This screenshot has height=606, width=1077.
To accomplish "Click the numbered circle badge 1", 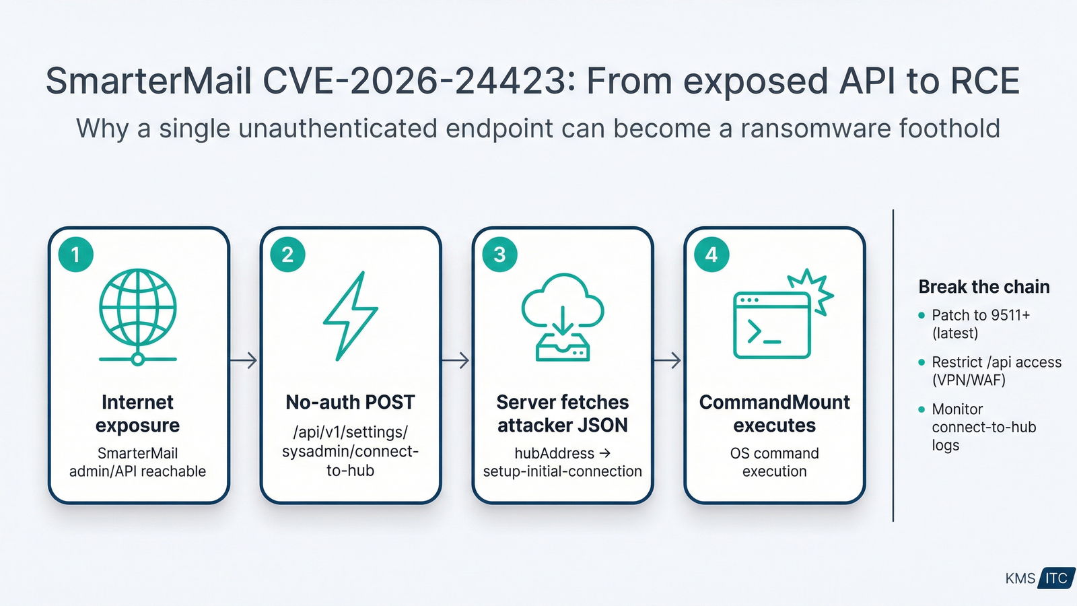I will tap(75, 255).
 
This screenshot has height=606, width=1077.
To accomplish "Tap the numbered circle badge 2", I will tap(287, 255).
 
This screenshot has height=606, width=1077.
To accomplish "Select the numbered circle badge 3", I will tap(499, 255).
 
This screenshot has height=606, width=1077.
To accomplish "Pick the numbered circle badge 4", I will tap(711, 255).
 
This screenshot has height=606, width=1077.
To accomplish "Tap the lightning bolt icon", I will tap(350, 315).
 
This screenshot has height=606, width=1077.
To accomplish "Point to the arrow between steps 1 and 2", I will tap(244, 360).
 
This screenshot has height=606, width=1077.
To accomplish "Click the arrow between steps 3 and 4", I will tap(668, 360).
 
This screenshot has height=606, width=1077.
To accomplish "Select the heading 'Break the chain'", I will tap(983, 287).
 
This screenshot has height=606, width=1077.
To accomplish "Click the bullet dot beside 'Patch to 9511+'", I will tap(922, 315).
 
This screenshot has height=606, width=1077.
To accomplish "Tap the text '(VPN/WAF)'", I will tap(969, 380).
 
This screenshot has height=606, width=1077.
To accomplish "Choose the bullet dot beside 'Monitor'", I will tap(922, 409).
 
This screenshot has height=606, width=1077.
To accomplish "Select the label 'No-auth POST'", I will tap(350, 402).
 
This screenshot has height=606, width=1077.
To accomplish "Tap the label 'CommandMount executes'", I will tap(774, 413).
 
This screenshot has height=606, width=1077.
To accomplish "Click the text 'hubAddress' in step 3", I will tap(554, 453).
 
